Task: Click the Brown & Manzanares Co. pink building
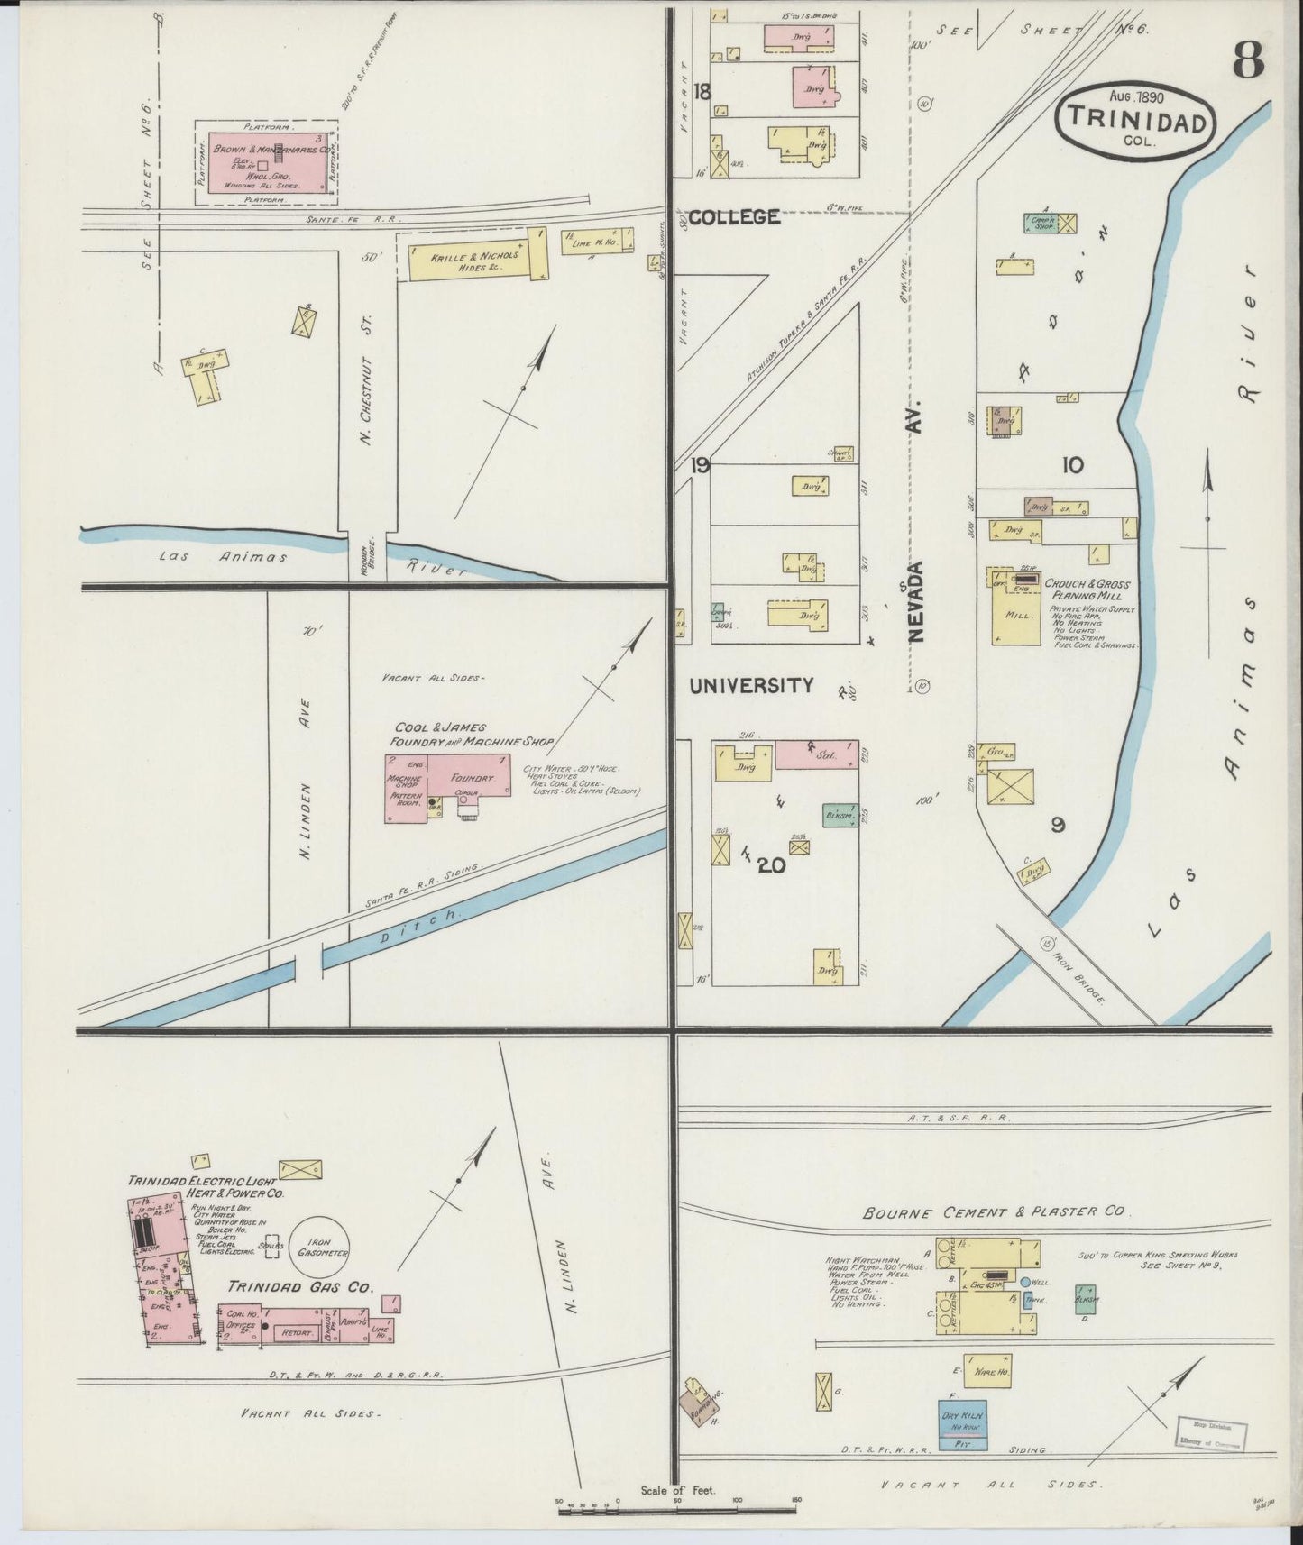267,162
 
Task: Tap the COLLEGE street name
734,217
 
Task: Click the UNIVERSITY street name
751,686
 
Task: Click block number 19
700,466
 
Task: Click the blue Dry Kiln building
962,1417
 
